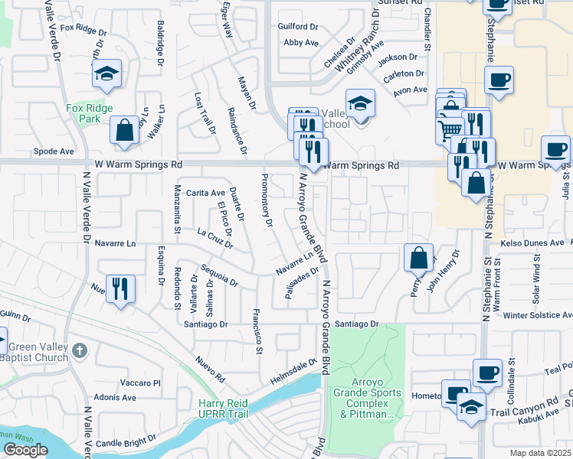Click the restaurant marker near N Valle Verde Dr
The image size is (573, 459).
120,288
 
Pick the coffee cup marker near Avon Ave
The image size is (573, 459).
499,80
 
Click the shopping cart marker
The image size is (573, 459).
450,129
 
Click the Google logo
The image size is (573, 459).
25,450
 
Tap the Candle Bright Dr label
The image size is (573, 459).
126,442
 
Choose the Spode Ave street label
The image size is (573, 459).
54,151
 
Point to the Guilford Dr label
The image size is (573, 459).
298,26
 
